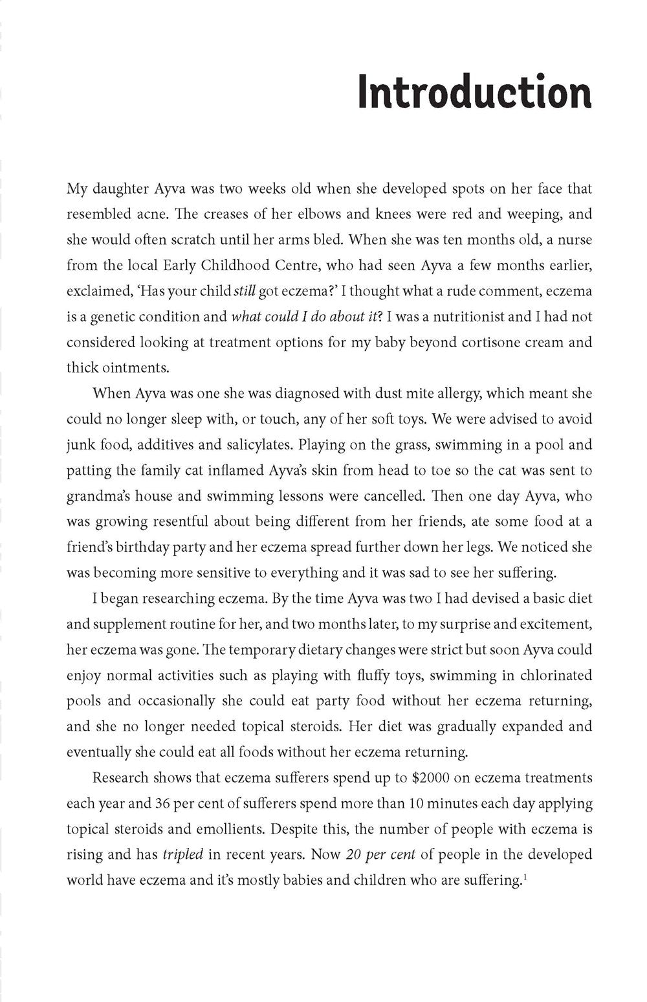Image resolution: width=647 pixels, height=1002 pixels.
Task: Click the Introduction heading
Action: point(474,93)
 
